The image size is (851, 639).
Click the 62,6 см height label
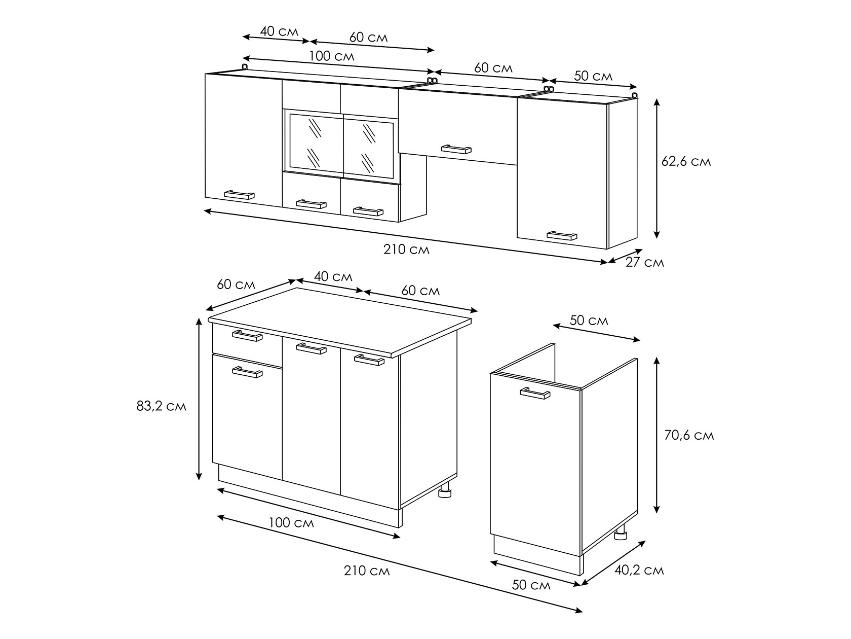686,161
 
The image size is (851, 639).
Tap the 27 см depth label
645,263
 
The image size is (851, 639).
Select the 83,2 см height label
161,406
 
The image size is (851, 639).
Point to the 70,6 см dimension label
689,435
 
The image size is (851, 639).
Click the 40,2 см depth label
639,571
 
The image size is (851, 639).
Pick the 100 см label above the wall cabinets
331,56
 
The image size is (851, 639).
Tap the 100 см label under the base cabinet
291,523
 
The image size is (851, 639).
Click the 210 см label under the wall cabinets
406,250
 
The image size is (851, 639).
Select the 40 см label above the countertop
333,276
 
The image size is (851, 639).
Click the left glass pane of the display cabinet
316,143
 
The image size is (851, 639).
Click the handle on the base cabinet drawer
247,336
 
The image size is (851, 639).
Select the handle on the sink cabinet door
534,393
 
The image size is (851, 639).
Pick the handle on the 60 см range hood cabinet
456,149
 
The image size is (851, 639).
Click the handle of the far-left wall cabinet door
239,195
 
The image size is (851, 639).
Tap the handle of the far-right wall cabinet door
562,235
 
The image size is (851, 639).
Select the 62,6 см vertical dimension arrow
656,168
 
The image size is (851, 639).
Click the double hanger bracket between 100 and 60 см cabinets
432,80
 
